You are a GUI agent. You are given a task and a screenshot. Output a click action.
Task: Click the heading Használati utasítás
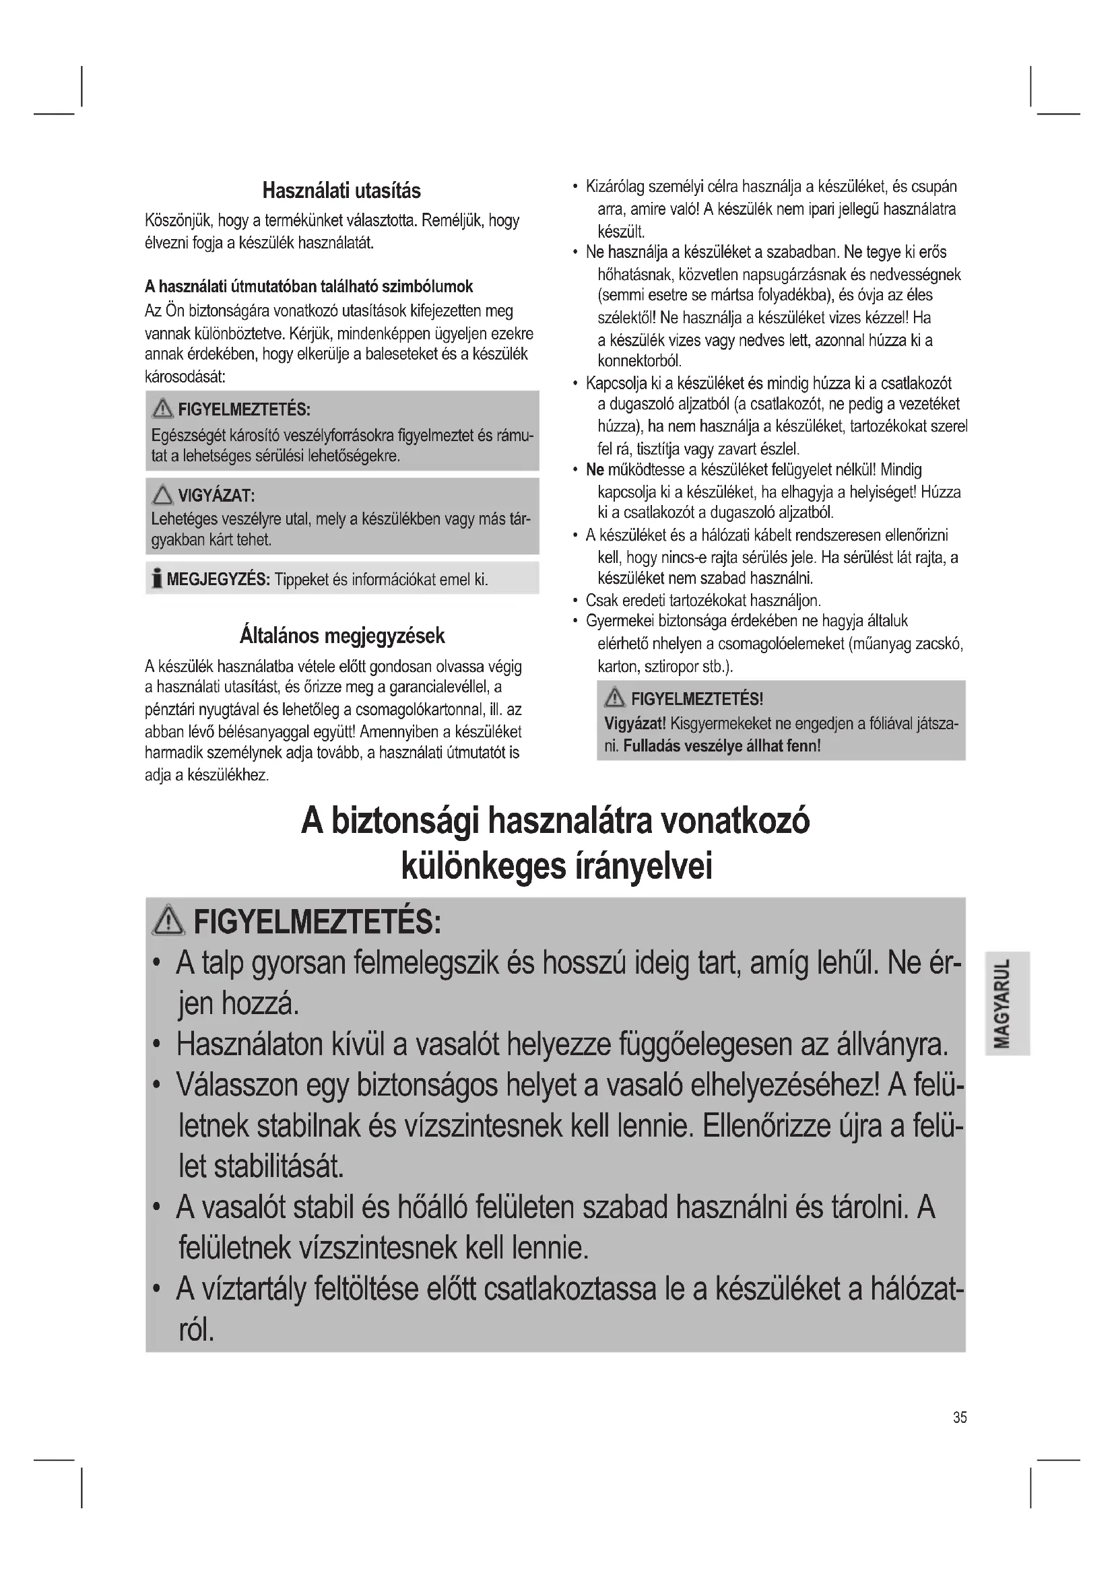click(341, 191)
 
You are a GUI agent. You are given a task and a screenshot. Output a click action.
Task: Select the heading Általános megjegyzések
click(341, 636)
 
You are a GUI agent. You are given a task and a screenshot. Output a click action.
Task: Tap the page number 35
click(960, 1417)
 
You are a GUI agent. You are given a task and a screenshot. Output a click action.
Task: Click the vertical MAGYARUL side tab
click(1007, 1003)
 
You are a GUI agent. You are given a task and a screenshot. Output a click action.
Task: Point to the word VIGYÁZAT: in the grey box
click(217, 496)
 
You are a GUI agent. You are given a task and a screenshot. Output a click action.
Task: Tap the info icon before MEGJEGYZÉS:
click(157, 579)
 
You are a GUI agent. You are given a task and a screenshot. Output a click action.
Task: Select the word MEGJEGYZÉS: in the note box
click(218, 580)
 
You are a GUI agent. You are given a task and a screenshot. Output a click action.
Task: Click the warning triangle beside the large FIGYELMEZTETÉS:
click(169, 920)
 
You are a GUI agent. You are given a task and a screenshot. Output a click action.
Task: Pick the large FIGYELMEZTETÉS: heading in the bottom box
click(317, 922)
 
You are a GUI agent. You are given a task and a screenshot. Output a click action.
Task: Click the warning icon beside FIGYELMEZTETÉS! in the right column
click(614, 699)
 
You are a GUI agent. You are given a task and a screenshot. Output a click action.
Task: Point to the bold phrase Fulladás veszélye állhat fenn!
click(721, 745)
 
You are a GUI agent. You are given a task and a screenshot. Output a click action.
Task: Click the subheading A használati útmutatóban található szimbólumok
click(308, 286)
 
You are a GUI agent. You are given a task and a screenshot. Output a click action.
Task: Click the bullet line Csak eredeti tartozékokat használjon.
click(703, 601)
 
